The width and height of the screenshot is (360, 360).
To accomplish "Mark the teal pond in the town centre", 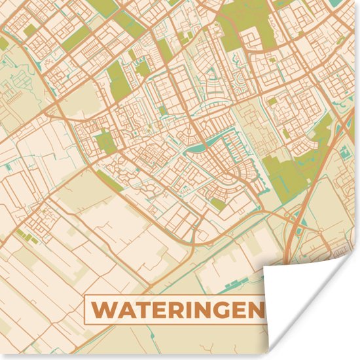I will pyautogui.click(x=196, y=148).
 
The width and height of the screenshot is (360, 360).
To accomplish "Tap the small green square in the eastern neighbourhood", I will pyautogui.click(x=272, y=101).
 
